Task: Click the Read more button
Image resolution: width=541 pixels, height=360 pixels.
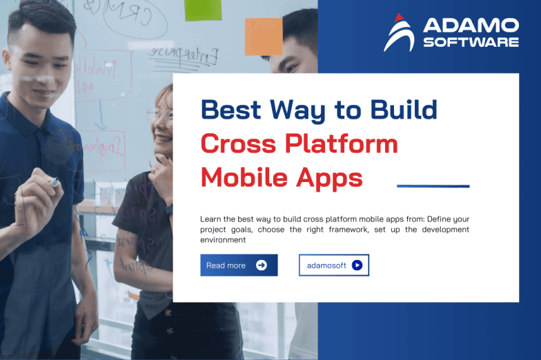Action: click(239, 266)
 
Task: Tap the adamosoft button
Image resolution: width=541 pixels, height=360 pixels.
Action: click(333, 266)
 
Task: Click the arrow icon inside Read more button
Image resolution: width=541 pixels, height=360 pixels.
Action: click(261, 266)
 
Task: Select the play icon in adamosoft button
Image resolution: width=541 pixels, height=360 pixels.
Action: click(357, 266)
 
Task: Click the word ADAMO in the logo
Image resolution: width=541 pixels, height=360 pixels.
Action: click(471, 26)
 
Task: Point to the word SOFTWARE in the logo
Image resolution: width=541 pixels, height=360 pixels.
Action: click(471, 42)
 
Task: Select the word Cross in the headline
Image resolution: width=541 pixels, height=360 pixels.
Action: click(237, 143)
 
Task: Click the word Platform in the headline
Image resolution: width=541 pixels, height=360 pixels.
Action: click(341, 143)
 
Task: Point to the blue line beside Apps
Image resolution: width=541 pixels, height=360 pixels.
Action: click(433, 186)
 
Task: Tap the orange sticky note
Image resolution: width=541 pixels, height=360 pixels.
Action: click(264, 37)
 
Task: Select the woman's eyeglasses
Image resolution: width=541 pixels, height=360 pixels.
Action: click(160, 114)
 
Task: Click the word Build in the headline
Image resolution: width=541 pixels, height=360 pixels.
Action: click(404, 110)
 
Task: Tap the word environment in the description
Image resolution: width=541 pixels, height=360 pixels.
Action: click(223, 240)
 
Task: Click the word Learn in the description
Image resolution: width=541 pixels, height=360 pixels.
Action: click(212, 219)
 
